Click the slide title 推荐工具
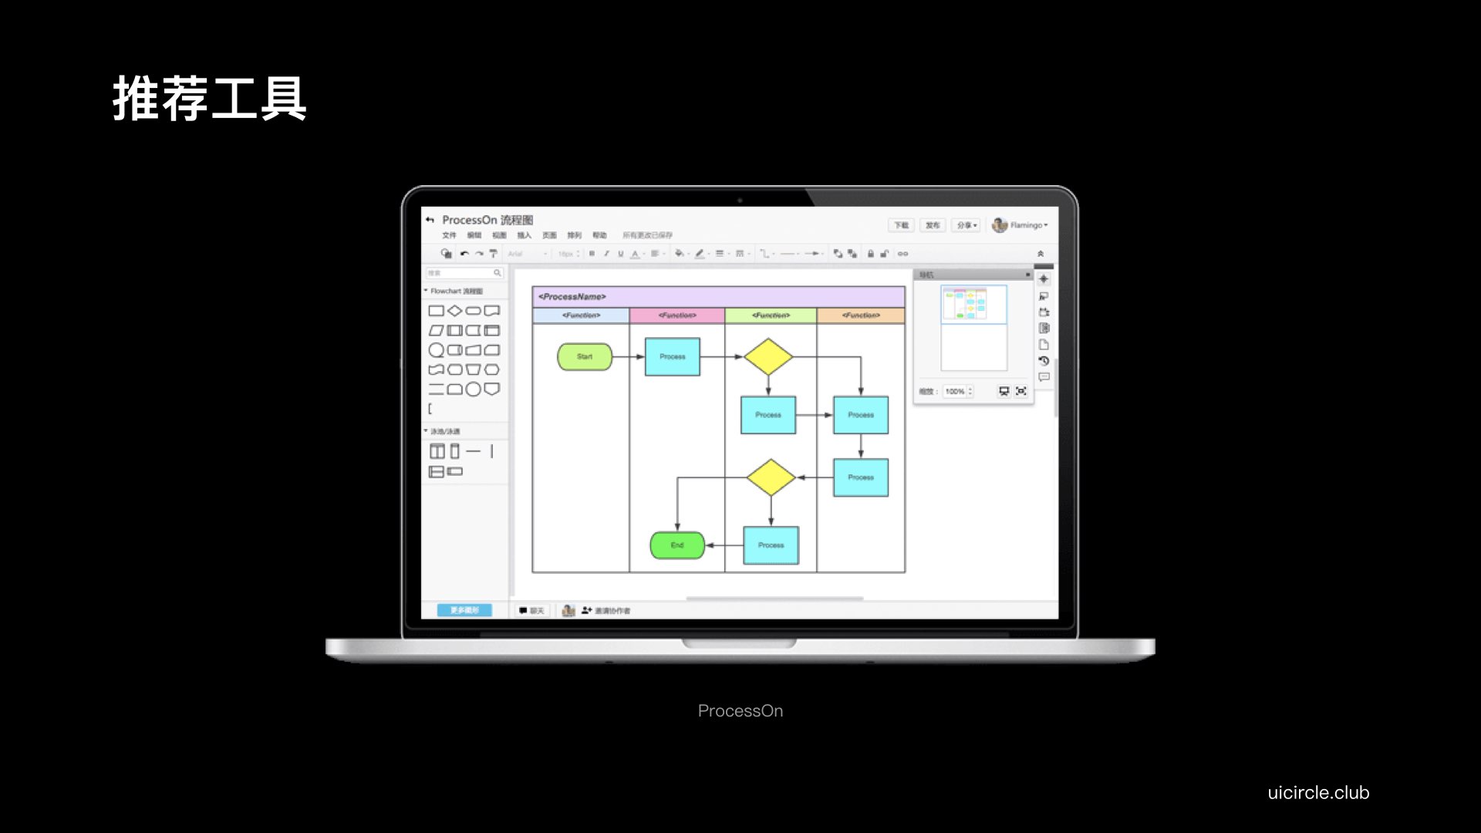pos(210,99)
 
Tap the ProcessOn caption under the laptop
pos(740,710)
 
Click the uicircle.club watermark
pos(1318,792)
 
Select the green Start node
pos(585,356)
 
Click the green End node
pos(677,545)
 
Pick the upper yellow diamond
pos(768,356)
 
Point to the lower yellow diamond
pos(771,477)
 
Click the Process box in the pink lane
pos(673,356)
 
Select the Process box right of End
pos(771,545)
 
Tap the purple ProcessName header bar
pos(718,297)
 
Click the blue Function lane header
pos(581,315)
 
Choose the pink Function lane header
pos(677,315)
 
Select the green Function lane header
pos(771,315)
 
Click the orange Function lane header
pos(861,315)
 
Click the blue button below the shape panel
pos(464,610)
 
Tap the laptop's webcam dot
pos(740,200)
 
